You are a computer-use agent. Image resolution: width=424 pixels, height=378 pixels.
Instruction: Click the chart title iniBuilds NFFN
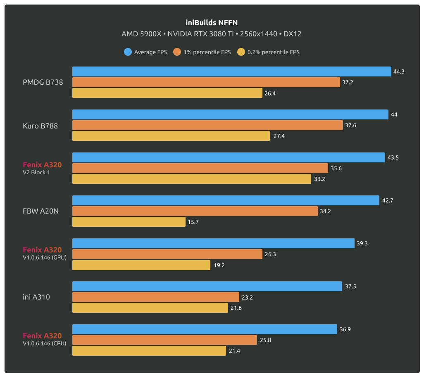(212, 23)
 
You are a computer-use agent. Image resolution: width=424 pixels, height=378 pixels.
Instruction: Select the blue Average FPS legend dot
(128, 52)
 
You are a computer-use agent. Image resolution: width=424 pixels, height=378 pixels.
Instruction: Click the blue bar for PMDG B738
(231, 71)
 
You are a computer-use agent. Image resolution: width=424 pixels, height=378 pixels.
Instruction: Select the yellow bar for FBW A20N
(129, 222)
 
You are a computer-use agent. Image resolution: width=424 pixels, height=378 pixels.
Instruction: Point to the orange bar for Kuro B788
(207, 125)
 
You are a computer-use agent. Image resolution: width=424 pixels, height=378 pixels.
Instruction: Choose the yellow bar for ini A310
(150, 308)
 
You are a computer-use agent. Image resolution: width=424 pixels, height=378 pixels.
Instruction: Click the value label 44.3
(399, 71)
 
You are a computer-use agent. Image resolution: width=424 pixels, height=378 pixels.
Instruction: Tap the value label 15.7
(193, 222)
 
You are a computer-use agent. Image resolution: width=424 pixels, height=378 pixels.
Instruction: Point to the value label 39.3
(362, 243)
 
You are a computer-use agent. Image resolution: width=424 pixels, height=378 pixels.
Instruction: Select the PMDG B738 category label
(43, 82)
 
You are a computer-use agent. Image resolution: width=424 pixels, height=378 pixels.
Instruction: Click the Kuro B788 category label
(40, 126)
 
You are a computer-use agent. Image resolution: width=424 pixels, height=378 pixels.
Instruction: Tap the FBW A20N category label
(41, 211)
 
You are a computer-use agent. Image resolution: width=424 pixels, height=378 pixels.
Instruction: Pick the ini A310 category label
(36, 297)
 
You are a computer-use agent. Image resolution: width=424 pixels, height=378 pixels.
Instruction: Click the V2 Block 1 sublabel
(36, 172)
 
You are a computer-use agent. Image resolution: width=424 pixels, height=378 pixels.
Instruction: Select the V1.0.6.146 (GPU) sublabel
(45, 257)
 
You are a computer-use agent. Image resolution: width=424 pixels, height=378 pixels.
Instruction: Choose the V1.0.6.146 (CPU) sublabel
(45, 343)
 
